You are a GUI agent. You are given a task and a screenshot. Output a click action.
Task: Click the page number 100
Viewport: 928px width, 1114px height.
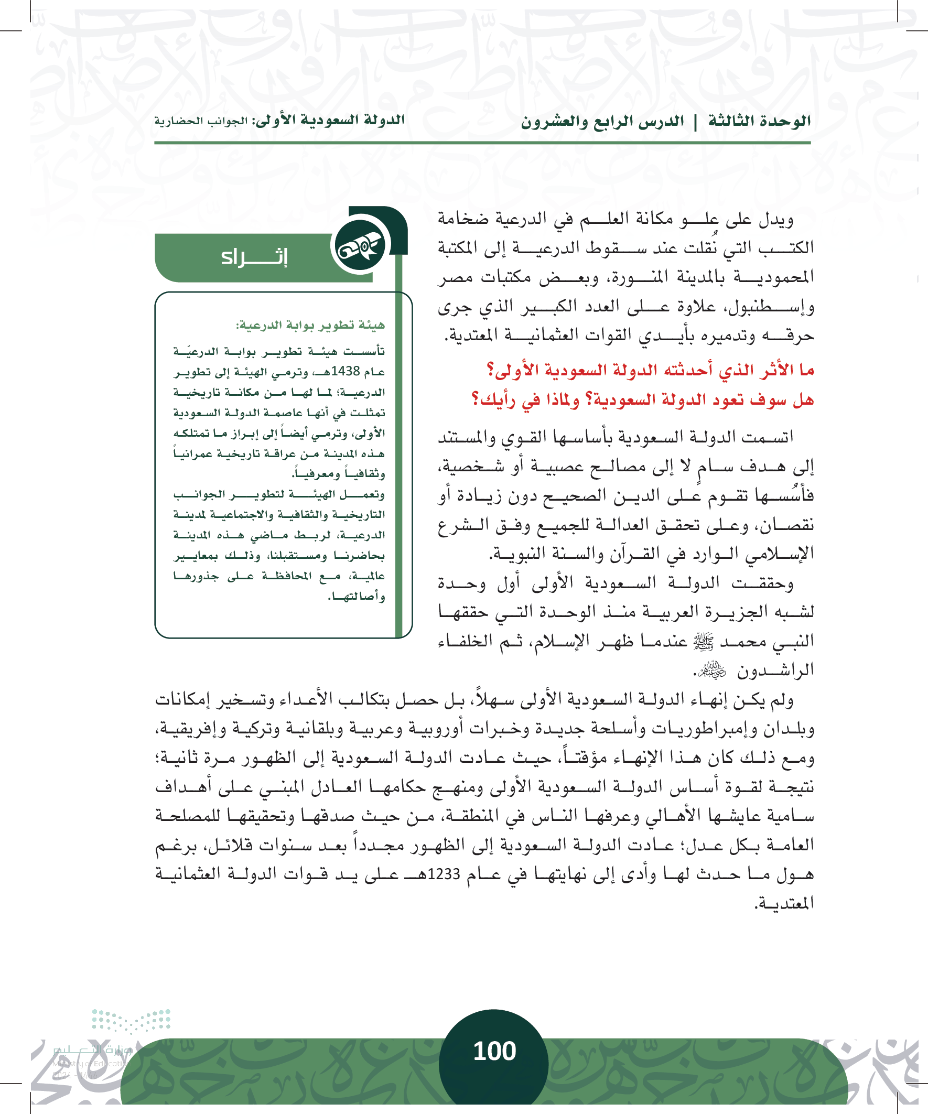pos(494,1051)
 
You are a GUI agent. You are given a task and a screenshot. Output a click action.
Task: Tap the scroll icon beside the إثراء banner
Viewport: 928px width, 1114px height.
pos(360,245)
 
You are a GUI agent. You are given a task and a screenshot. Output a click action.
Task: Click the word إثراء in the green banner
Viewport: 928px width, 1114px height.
pos(254,257)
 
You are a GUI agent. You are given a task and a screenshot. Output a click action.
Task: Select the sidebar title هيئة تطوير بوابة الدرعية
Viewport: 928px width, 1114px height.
pos(310,325)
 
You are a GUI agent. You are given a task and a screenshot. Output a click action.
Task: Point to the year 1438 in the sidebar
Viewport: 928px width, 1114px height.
pos(346,371)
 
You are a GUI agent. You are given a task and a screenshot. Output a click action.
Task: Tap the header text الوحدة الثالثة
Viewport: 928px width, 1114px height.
pos(759,121)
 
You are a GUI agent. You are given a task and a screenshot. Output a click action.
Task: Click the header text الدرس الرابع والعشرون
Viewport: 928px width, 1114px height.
pos(602,122)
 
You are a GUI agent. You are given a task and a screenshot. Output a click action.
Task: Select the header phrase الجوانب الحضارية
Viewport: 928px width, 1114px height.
pos(201,121)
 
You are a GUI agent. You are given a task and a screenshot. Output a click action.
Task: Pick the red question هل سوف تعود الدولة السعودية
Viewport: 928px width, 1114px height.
pos(643,399)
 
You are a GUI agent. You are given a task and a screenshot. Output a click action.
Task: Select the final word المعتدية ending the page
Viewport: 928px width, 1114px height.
pos(784,903)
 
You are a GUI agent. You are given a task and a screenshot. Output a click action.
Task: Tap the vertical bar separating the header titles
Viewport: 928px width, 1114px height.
pos(696,122)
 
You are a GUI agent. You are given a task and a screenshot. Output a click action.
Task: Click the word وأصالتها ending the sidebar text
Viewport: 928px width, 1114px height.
pos(357,597)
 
